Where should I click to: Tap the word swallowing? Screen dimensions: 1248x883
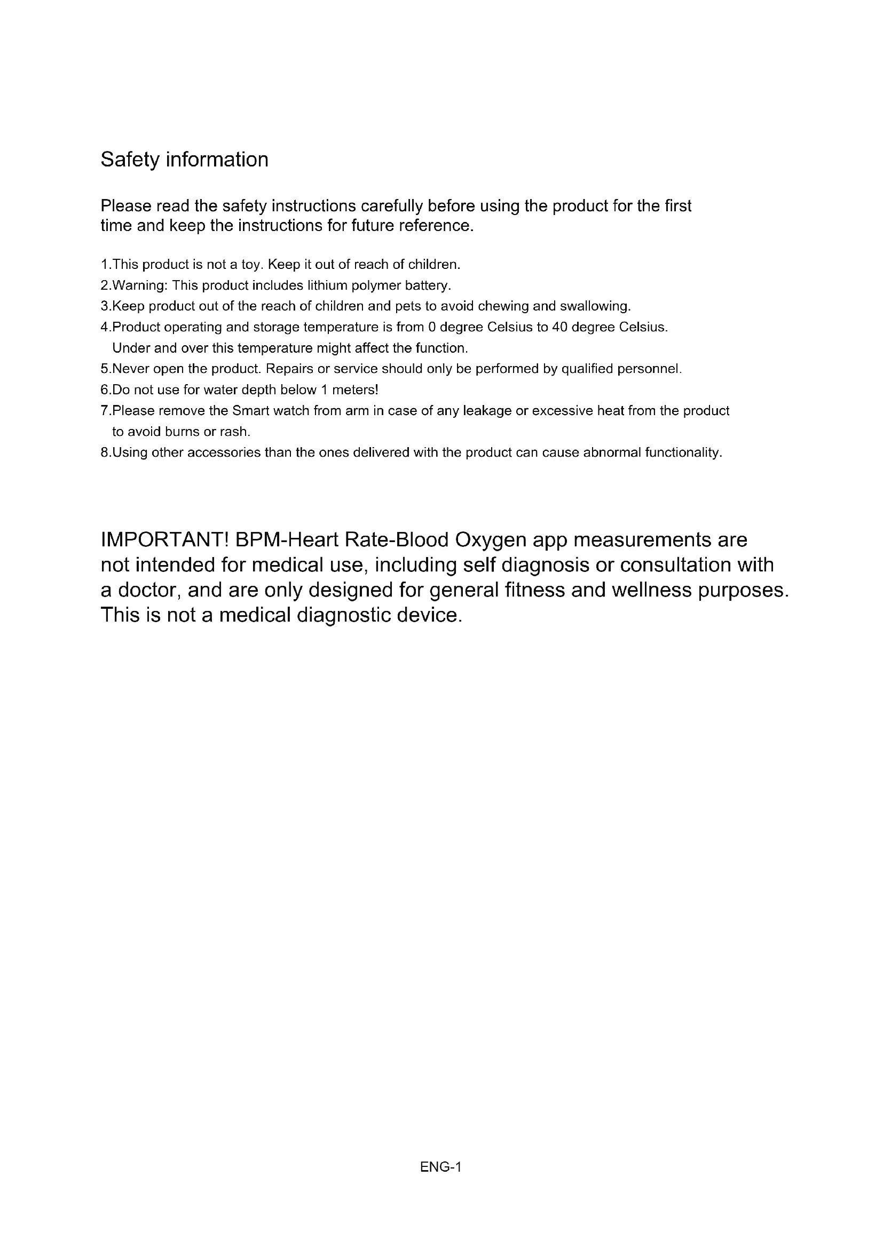pyautogui.click(x=595, y=306)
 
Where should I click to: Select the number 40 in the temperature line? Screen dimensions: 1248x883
pyautogui.click(x=559, y=327)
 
